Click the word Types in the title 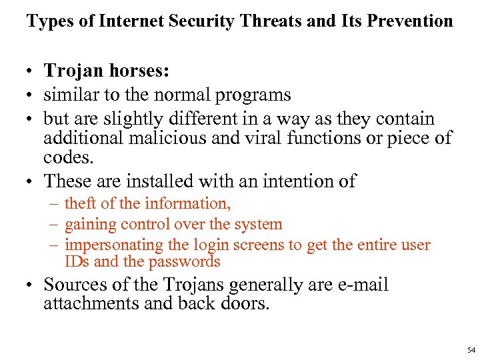click(x=49, y=21)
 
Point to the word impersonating click(x=114, y=245)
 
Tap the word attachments click(x=85, y=303)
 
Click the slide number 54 click(x=471, y=350)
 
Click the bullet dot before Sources click(x=31, y=286)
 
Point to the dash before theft click(x=53, y=204)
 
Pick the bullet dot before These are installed click(x=31, y=182)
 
